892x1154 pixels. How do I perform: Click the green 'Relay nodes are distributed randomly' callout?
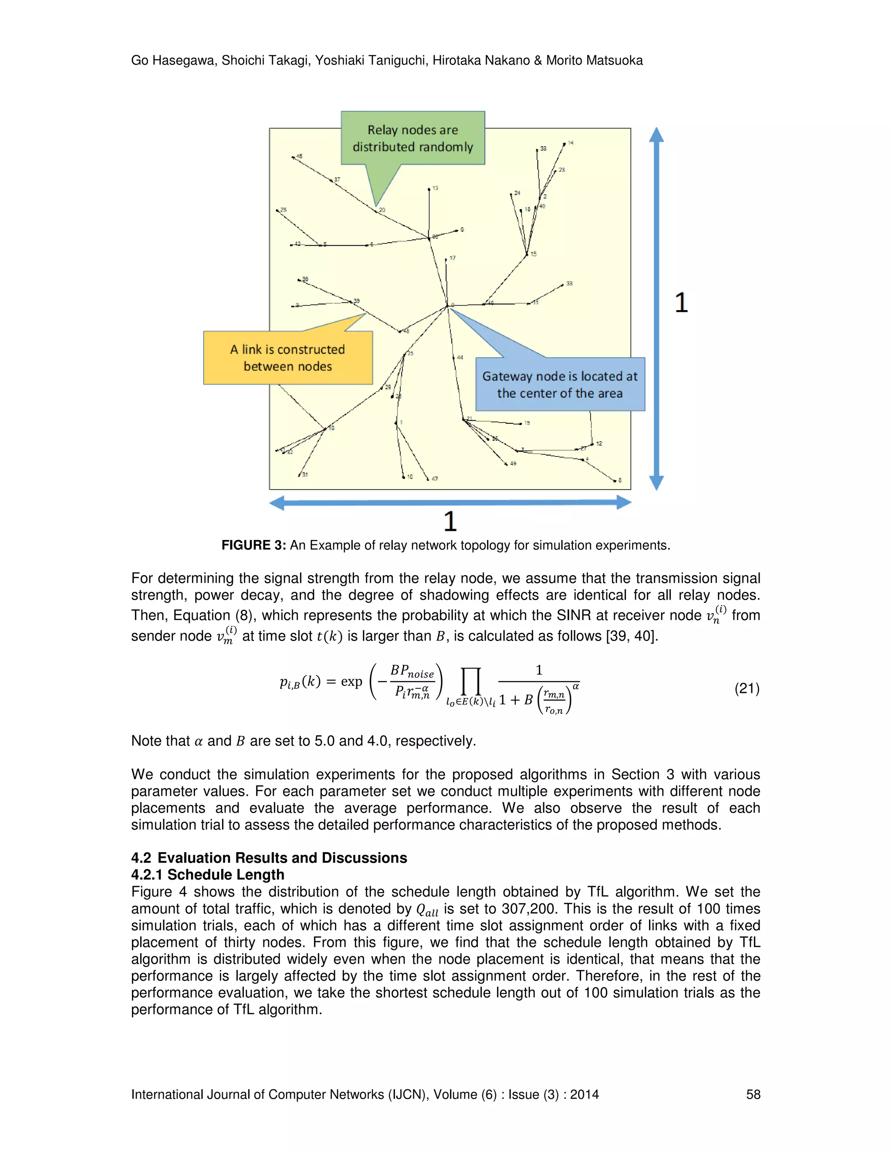coord(413,138)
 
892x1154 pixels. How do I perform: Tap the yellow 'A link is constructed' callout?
coord(288,358)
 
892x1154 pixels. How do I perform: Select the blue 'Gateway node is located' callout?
coord(560,384)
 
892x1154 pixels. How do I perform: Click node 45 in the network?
coord(293,157)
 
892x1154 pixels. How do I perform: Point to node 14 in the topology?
coord(564,144)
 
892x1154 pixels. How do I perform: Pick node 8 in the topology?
coord(615,480)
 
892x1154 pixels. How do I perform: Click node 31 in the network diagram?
coord(299,475)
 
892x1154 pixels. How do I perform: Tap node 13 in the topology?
coord(429,189)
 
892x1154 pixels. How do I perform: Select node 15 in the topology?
coord(527,255)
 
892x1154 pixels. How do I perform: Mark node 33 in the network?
coord(563,285)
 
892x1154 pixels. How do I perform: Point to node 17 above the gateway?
coord(446,260)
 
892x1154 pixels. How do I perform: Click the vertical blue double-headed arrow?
coord(656,309)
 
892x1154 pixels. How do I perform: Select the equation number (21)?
coord(746,688)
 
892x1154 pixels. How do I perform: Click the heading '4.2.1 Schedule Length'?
coord(208,874)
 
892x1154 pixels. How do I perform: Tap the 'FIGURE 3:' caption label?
coord(253,545)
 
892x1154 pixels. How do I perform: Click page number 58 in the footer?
coord(753,1094)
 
